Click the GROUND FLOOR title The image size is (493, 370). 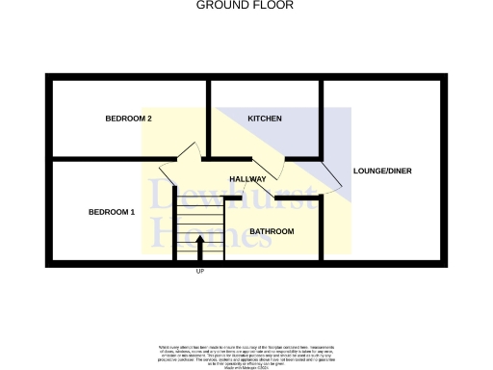point(245,5)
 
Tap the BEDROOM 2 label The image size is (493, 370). point(129,119)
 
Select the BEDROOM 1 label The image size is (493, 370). point(112,212)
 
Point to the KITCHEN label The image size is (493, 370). point(265,119)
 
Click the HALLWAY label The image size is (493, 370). point(247,180)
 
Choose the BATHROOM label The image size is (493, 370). point(272,231)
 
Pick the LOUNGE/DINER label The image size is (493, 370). point(382,171)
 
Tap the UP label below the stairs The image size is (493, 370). point(200,272)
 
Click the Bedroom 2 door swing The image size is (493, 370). point(187,151)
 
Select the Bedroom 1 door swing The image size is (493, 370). point(170,173)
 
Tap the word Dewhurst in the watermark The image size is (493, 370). point(231,198)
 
